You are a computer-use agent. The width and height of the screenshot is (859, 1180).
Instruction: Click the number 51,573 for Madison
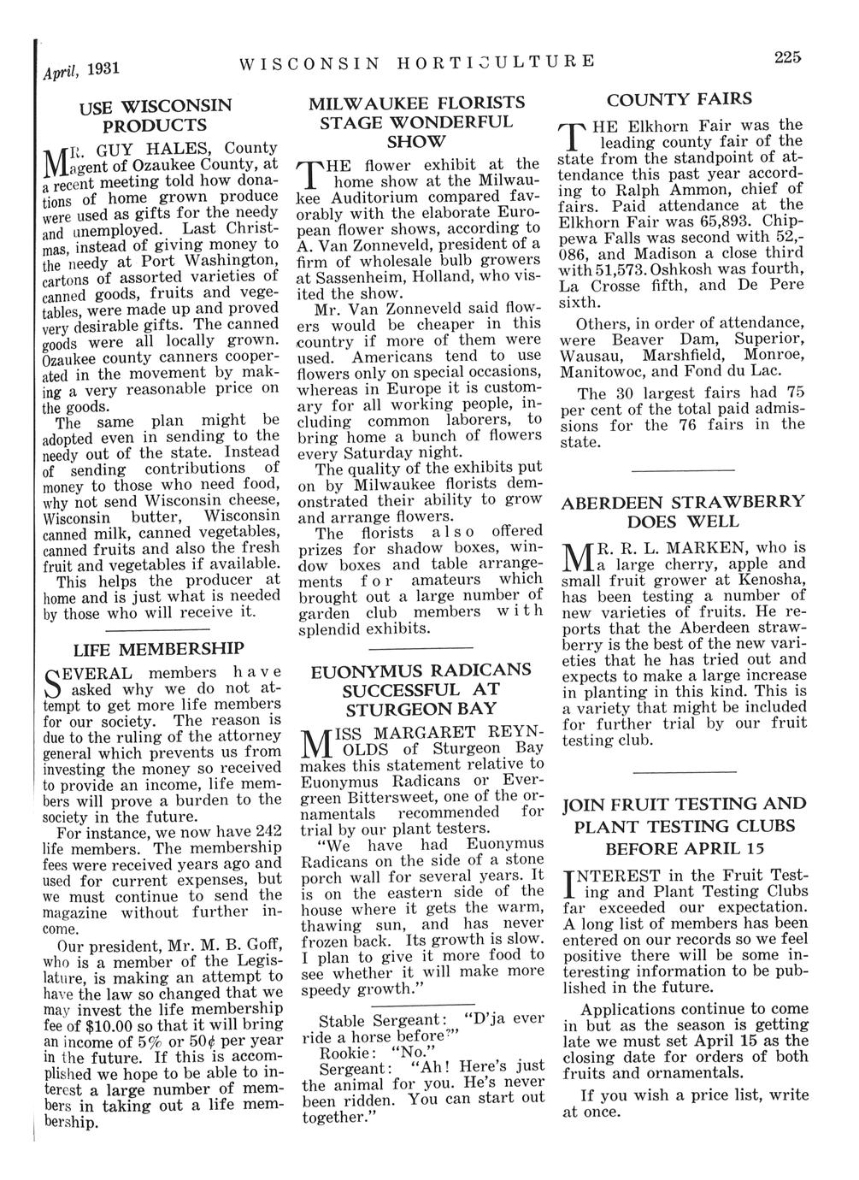(609, 270)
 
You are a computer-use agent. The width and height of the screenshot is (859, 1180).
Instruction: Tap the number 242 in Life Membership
(268, 830)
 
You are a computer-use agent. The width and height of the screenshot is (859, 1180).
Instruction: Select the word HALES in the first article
(157, 147)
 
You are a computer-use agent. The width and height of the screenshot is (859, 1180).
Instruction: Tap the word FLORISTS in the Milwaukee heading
(471, 102)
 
